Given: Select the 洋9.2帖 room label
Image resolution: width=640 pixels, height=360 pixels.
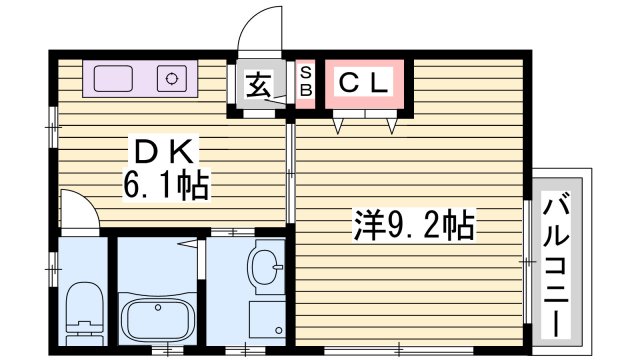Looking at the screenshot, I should click(411, 224).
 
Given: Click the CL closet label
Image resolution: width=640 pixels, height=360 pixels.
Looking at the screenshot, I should click(363, 84).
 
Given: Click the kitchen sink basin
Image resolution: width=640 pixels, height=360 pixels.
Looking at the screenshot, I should click(116, 77).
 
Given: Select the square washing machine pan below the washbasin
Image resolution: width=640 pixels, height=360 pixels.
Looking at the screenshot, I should click(265, 321).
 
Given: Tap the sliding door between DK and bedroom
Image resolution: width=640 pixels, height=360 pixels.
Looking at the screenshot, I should click(291, 175).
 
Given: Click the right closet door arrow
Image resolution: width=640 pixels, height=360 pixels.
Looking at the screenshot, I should click(393, 125).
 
